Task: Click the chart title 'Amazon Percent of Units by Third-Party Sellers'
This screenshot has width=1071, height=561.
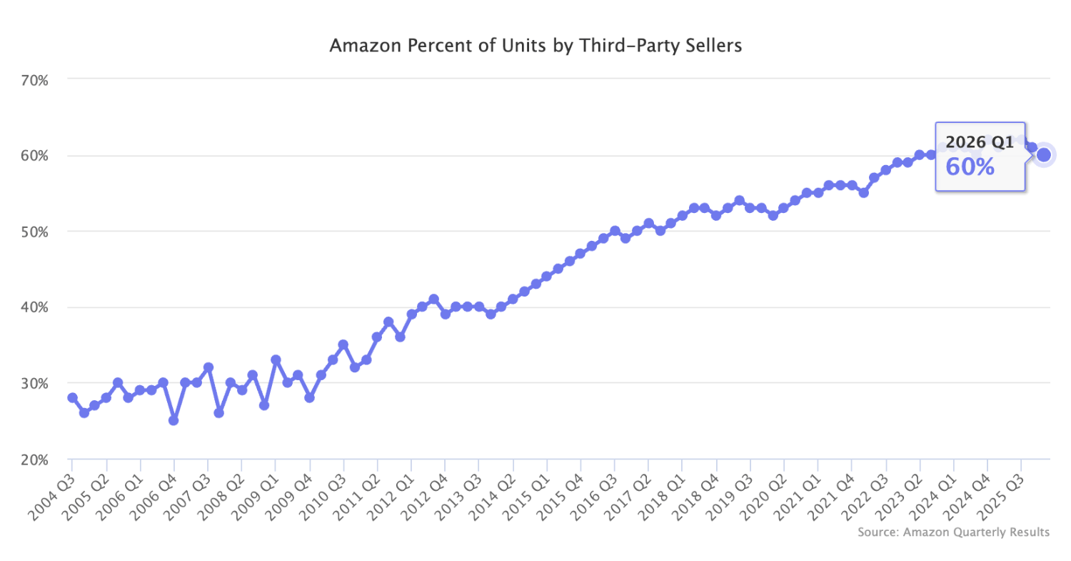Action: [x=535, y=46]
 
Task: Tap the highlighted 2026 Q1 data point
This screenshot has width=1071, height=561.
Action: [x=1043, y=154]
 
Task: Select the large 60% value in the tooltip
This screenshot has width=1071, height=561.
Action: [x=970, y=167]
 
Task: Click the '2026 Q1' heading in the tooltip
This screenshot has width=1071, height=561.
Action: [x=980, y=142]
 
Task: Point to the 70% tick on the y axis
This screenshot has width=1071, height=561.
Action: [x=34, y=79]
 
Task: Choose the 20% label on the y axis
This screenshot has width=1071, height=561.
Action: [x=34, y=460]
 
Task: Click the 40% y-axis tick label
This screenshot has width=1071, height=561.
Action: [x=34, y=307]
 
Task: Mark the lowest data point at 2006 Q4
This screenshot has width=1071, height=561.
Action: [x=174, y=420]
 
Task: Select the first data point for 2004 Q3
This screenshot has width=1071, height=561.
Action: [x=72, y=397]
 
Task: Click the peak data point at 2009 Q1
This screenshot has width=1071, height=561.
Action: [x=276, y=359]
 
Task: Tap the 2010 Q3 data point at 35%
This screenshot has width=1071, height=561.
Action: [x=343, y=344]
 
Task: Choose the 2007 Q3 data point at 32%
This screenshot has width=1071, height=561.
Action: [x=208, y=367]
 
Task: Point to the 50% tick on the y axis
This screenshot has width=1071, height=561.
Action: [x=34, y=232]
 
